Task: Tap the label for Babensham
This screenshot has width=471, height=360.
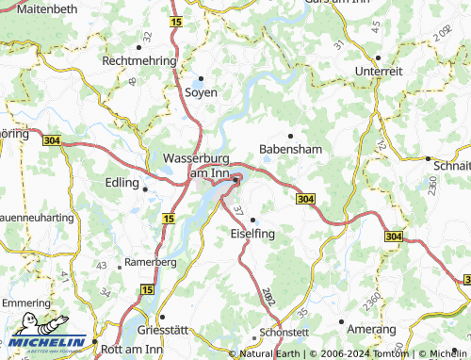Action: click(290, 150)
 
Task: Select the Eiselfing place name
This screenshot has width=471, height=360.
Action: click(252, 233)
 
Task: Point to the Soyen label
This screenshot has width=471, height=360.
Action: click(201, 92)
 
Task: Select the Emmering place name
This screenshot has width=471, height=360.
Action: click(25, 303)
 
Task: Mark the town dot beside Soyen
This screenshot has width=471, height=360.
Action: click(201, 78)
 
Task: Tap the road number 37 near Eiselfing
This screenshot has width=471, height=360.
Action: click(237, 209)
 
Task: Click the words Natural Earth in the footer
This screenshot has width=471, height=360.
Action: click(271, 354)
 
